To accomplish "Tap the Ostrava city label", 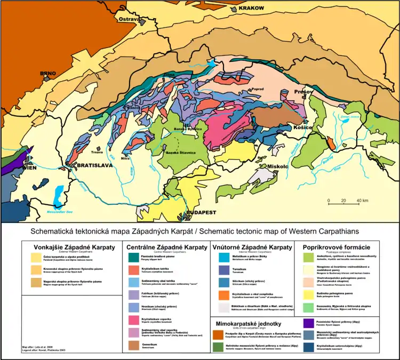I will click(130, 19).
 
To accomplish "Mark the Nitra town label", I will click(125, 158).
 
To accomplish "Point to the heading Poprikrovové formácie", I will click(336, 247).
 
